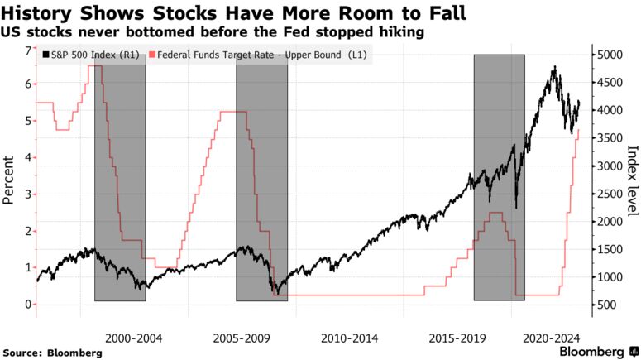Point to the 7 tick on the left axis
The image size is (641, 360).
point(27,51)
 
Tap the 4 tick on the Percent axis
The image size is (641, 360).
point(27,157)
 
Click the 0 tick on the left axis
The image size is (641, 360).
point(27,304)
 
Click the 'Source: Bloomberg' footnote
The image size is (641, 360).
point(53,353)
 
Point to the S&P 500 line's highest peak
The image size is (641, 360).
point(554,67)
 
